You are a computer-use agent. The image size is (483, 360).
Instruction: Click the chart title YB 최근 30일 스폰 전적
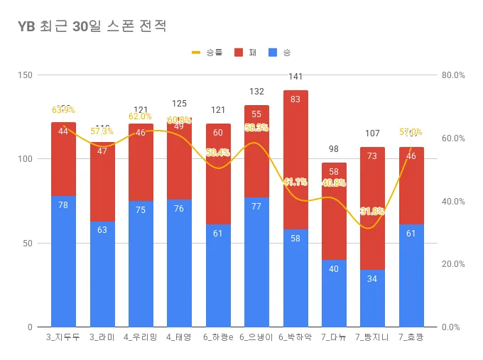click(x=92, y=27)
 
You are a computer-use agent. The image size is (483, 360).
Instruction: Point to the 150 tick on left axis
click(x=25, y=75)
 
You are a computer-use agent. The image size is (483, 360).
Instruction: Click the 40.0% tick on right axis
click(x=452, y=202)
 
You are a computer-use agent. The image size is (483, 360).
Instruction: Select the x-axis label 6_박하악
click(x=295, y=337)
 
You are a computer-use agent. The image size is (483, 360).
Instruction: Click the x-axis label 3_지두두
click(x=63, y=337)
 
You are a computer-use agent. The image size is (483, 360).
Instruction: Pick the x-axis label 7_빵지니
click(x=372, y=337)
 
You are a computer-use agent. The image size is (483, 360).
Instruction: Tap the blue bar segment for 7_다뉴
click(x=334, y=293)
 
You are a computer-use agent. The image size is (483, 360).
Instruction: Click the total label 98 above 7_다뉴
click(x=334, y=149)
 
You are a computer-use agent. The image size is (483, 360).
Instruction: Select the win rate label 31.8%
click(x=372, y=212)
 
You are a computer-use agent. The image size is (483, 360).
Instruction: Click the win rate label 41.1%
click(x=295, y=182)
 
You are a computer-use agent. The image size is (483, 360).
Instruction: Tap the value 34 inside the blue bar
click(x=372, y=279)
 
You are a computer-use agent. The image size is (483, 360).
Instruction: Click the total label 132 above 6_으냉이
click(x=256, y=92)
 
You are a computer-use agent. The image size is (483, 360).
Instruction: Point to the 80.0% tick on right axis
click(x=452, y=75)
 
